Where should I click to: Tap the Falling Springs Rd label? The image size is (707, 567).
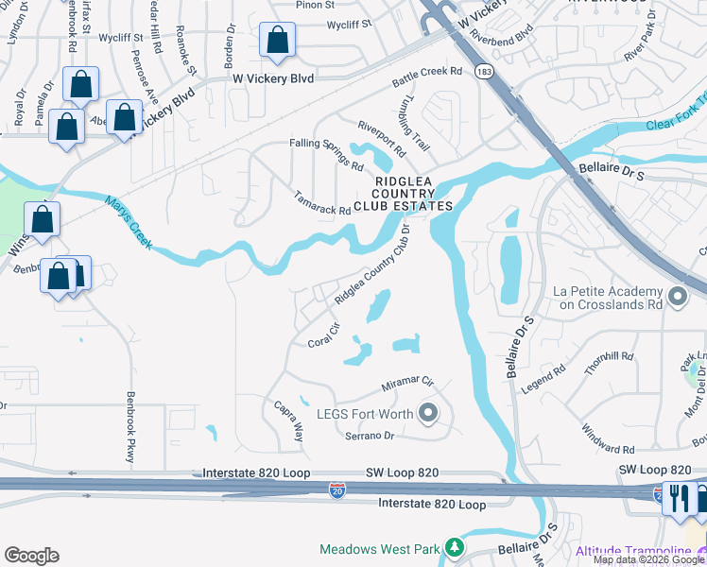coord(327,155)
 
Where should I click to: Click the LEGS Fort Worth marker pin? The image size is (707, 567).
coord(428,412)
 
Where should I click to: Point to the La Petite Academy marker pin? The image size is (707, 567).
coord(677,298)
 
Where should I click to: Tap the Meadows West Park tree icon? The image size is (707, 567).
coord(455,548)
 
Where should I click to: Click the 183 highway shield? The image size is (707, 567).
coord(485,73)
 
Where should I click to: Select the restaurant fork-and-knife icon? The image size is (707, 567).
coord(679,498)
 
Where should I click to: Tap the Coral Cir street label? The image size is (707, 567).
coord(323,336)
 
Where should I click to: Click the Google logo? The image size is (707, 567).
coord(31,555)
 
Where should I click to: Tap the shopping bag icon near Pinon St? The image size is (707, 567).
coord(277,41)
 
